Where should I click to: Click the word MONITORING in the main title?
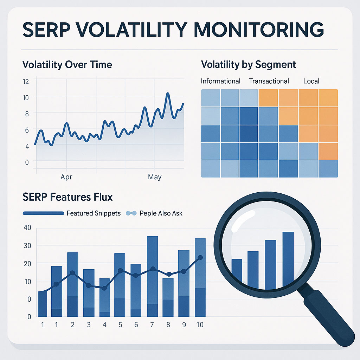259,30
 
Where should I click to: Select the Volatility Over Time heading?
67,65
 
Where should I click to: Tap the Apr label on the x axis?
66,177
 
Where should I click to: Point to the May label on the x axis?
155,177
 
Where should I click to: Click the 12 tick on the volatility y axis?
26,82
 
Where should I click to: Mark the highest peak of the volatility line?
168,94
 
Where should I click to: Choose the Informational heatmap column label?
220,81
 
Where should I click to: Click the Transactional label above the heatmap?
269,81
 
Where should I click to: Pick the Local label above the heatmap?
311,81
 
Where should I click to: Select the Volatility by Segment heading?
249,65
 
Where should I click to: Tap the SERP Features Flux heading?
67,197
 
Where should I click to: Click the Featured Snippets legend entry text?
94,213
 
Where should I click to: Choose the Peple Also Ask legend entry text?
161,213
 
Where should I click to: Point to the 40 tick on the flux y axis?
27,227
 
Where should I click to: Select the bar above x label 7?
153,276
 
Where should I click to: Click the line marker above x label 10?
200,258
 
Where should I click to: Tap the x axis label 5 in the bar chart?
120,324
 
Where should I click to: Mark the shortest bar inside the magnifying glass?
237,271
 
